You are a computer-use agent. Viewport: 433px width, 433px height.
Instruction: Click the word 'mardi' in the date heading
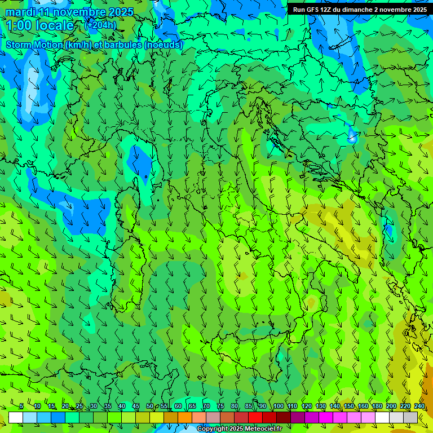(18, 12)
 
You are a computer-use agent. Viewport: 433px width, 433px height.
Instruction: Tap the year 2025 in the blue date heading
(120, 12)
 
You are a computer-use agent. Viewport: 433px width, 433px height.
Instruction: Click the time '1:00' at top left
(19, 25)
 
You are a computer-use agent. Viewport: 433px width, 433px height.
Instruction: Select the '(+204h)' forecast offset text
(100, 25)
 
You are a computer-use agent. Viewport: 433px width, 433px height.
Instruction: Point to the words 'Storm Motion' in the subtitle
(34, 45)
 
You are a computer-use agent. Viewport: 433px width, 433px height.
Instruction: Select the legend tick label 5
(21, 407)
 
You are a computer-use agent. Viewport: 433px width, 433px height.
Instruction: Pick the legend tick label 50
(149, 407)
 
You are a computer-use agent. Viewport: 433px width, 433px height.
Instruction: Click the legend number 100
(278, 407)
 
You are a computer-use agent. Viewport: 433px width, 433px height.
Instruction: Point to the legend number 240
(419, 407)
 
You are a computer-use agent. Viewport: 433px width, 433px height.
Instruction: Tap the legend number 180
(377, 407)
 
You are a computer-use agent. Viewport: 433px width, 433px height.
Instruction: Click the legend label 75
(220, 407)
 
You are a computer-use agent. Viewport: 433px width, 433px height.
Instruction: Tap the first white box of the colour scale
(16, 418)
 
